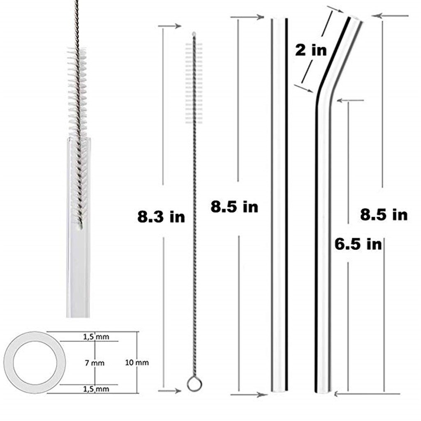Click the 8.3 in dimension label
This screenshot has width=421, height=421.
tap(161, 217)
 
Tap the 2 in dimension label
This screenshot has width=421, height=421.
tap(311, 50)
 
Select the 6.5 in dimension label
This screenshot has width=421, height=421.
tap(358, 244)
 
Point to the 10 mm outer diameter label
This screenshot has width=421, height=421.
tap(137, 363)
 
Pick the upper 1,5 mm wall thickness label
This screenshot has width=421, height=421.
tap(96, 337)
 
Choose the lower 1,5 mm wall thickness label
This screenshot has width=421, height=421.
tap(96, 389)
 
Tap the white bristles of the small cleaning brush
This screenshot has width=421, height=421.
tap(194, 83)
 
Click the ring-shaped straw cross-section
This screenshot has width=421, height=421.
tap(8, 363)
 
